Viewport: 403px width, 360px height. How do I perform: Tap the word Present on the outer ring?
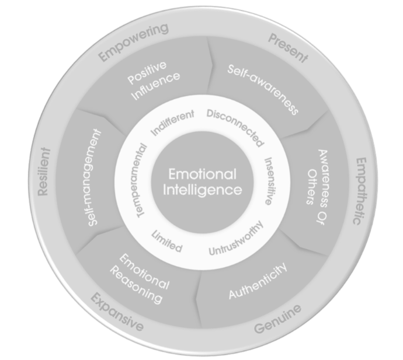287,48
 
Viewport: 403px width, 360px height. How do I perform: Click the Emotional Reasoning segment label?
140,277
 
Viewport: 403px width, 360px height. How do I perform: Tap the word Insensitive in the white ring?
267,180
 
